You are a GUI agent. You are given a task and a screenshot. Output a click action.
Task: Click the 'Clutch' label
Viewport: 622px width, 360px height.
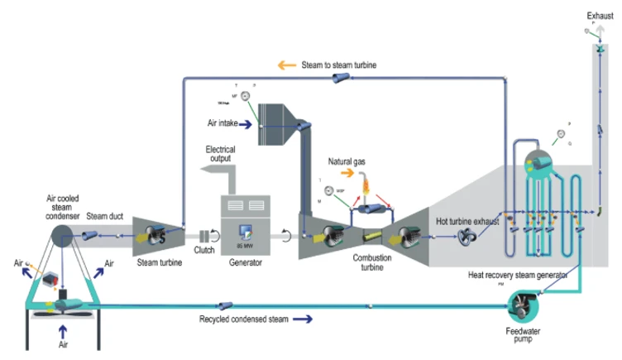pyautogui.click(x=203, y=249)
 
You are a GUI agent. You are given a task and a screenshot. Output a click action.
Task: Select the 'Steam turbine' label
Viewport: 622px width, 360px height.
pyautogui.click(x=157, y=262)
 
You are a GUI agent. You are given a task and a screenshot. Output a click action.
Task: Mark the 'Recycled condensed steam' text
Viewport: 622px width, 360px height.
pyautogui.click(x=243, y=319)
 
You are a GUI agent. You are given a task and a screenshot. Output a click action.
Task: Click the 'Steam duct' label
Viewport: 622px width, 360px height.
pyautogui.click(x=105, y=217)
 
